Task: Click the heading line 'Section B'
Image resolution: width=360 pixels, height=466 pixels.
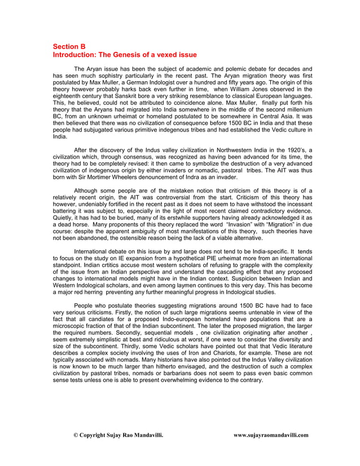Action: click(69, 46)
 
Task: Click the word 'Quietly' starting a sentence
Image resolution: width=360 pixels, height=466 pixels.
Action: click(63, 217)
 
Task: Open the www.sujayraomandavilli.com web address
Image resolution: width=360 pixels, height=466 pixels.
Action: click(271, 435)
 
